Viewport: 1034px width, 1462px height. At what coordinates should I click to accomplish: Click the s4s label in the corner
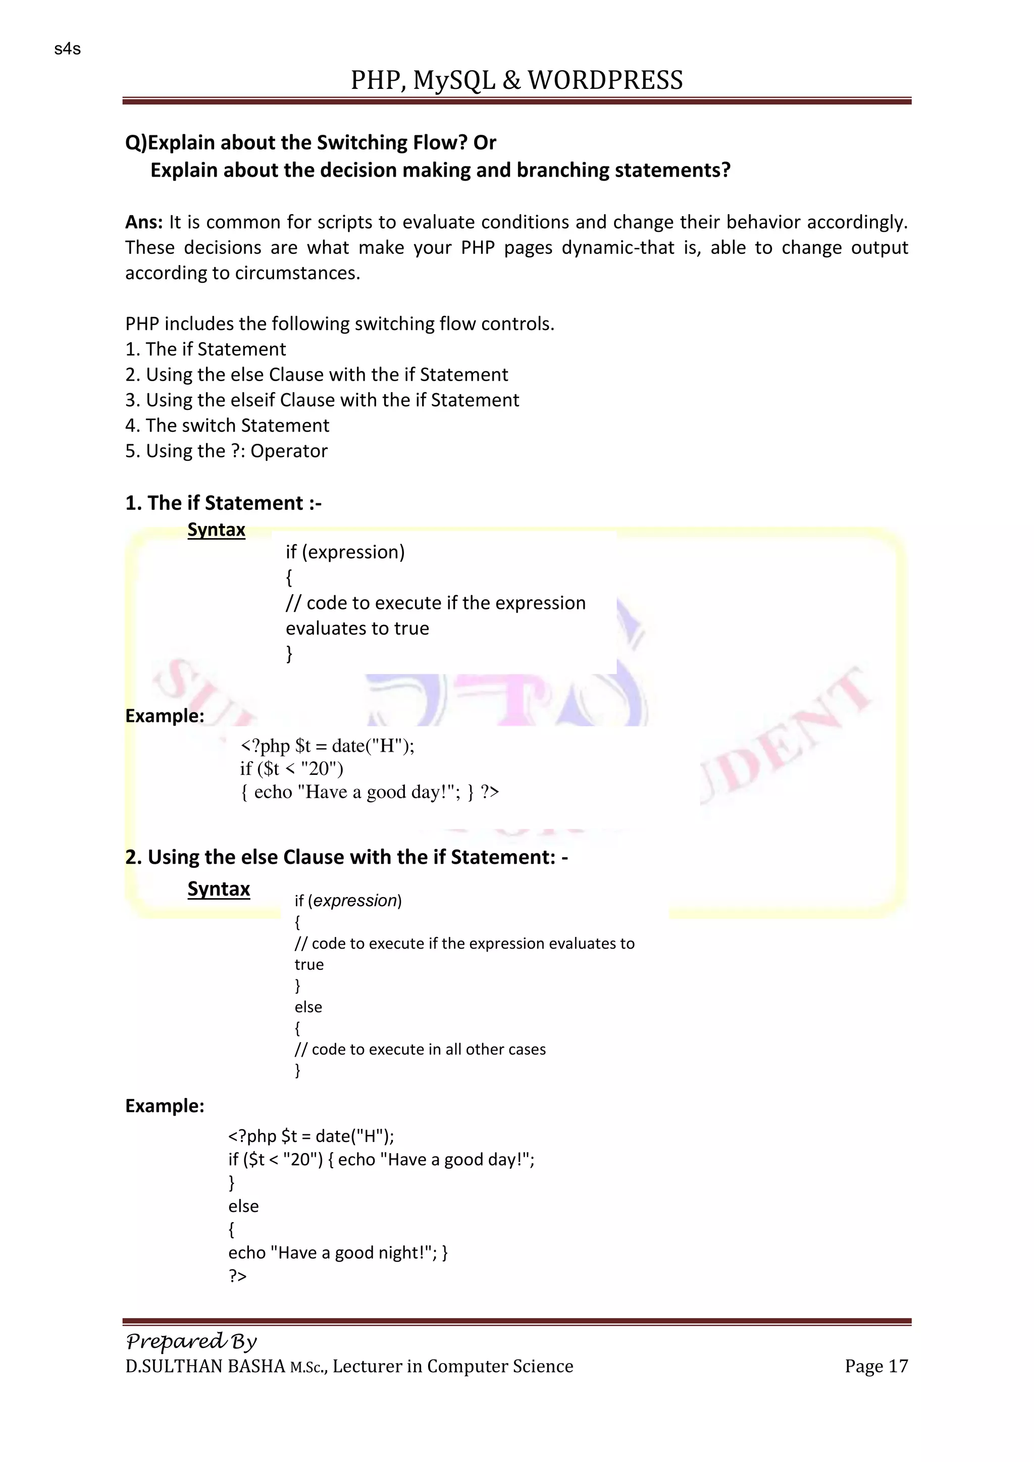click(x=68, y=49)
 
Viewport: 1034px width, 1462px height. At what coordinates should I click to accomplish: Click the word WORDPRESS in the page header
click(x=605, y=80)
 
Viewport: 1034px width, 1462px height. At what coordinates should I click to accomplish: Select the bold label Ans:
click(x=144, y=222)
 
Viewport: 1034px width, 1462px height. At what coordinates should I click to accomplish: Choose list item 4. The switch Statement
click(x=227, y=426)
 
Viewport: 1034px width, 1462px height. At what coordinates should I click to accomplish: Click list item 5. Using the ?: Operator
click(x=226, y=451)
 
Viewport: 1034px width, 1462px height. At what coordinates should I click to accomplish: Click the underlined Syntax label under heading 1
click(x=217, y=530)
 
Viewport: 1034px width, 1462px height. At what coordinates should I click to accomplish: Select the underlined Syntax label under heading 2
click(x=219, y=889)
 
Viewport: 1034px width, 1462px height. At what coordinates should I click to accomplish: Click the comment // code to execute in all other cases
click(x=420, y=1050)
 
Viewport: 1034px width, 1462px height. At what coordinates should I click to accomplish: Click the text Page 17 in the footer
click(x=876, y=1366)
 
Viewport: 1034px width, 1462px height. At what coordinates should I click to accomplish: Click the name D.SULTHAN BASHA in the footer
click(x=205, y=1367)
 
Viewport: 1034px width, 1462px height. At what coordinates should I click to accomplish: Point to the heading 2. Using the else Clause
click(x=347, y=857)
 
